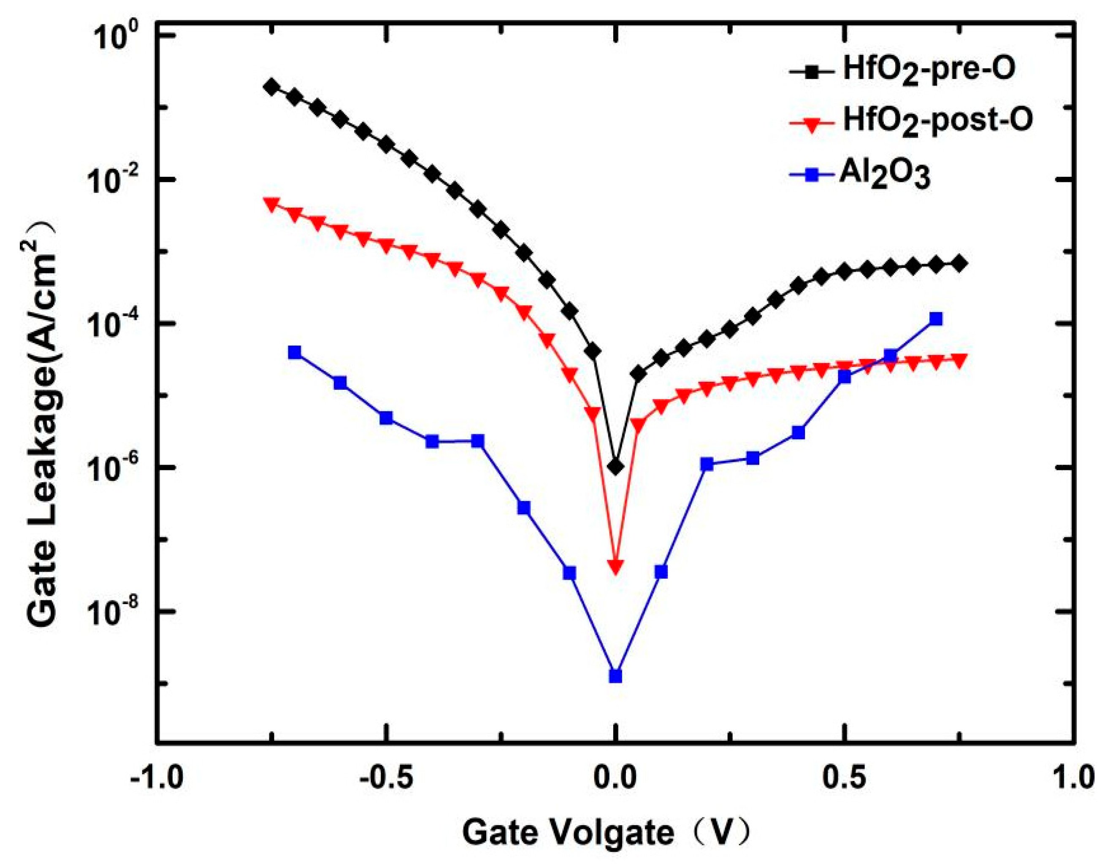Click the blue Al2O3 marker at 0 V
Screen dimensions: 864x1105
[x=615, y=676]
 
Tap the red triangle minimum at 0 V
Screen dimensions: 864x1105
[x=615, y=567]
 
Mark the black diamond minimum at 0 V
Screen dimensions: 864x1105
[x=615, y=467]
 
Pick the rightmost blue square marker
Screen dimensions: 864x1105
[x=936, y=319]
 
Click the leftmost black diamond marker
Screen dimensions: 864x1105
[x=272, y=87]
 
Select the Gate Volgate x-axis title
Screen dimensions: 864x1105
[x=604, y=832]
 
